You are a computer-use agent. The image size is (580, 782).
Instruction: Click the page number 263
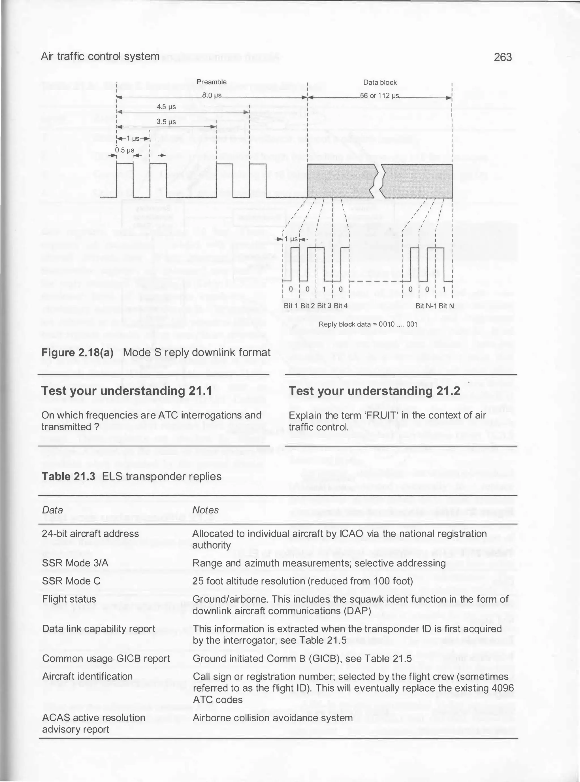click(503, 57)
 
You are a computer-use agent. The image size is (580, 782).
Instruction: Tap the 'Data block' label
click(380, 82)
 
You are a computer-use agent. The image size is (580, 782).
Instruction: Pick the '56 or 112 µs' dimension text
click(380, 95)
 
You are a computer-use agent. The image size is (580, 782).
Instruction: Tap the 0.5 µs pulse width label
click(125, 150)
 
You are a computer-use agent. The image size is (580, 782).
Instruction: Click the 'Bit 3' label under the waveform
click(324, 305)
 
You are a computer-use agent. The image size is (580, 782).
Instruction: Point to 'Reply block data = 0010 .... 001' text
click(368, 324)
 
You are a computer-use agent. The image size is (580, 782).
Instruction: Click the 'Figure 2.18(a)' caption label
click(78, 352)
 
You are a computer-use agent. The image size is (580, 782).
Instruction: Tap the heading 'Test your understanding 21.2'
click(374, 390)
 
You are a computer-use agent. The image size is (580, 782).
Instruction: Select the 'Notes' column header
click(205, 510)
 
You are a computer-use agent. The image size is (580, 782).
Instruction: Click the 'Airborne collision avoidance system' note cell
click(273, 718)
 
